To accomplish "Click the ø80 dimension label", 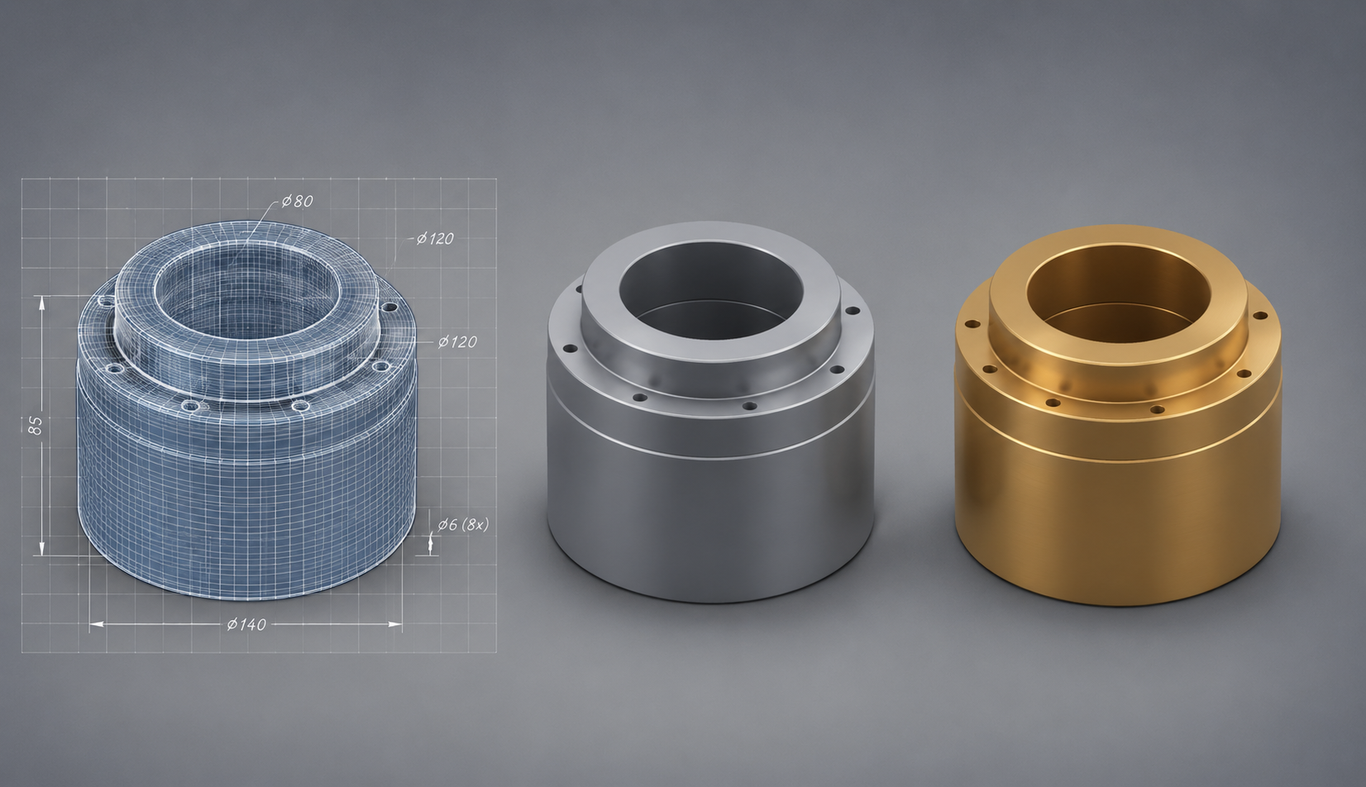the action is coord(297,201).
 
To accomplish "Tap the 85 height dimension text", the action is coord(36,425).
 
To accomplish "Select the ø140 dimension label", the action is coord(246,624).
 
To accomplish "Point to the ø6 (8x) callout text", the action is coord(463,524).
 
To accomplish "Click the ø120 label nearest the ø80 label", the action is coord(436,238).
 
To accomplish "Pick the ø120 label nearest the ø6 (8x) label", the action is coord(457,342).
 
